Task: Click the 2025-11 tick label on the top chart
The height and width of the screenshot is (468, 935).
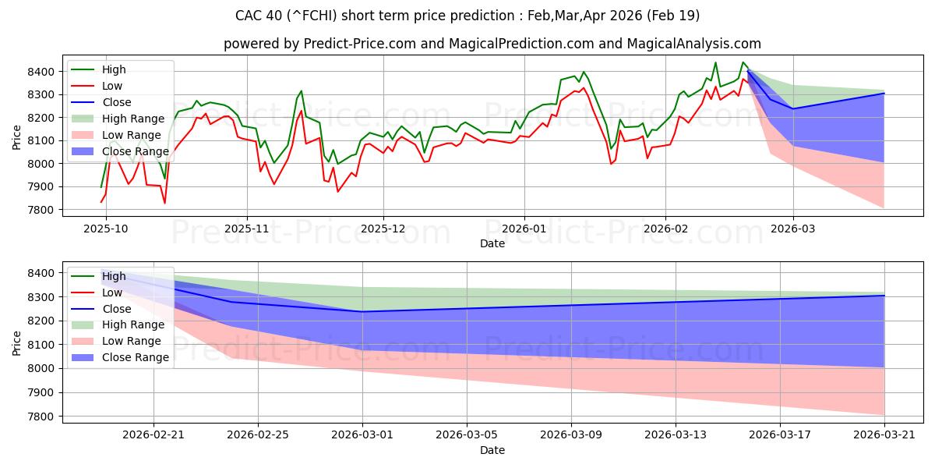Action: (x=247, y=229)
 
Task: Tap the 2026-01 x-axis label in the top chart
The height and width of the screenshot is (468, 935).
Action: (x=524, y=229)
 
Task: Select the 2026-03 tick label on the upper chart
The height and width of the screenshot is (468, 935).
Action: (x=793, y=229)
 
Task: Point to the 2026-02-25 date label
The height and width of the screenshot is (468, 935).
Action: (x=258, y=435)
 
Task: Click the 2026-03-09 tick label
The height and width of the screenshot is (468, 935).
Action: (x=571, y=435)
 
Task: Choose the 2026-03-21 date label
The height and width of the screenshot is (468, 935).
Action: (x=884, y=435)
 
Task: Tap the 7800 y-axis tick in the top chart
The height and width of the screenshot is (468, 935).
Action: (x=41, y=210)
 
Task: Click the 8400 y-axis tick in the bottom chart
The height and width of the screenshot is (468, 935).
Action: (x=41, y=273)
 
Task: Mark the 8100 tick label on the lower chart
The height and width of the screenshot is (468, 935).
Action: (x=41, y=345)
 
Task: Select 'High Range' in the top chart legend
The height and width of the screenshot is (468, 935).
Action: (x=133, y=119)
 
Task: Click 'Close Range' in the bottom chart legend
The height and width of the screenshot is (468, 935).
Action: (x=136, y=357)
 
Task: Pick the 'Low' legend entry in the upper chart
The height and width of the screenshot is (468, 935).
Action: (x=112, y=86)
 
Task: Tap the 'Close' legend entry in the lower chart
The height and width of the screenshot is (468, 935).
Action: (x=116, y=309)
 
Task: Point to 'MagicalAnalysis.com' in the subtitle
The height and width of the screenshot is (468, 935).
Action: (x=693, y=44)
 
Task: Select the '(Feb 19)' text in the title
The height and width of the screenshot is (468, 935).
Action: (x=673, y=16)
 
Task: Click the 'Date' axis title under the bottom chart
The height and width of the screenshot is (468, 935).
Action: (x=492, y=450)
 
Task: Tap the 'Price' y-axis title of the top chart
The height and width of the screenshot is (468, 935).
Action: (x=16, y=137)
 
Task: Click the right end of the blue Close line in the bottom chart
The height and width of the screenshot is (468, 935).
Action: (x=884, y=296)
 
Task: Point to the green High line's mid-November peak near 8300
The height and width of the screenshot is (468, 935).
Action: (x=301, y=90)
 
